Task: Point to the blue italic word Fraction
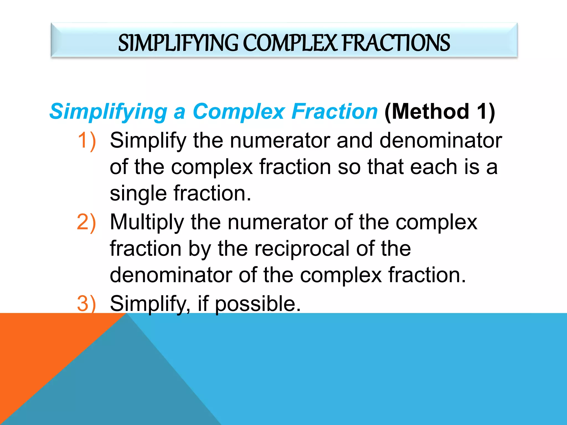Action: point(334,111)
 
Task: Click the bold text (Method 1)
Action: point(440,111)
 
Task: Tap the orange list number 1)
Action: point(87,141)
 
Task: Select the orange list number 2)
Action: point(86,222)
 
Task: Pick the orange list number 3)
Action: point(86,304)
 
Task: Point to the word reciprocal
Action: point(302,248)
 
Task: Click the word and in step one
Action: point(354,141)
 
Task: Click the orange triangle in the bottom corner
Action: point(33,360)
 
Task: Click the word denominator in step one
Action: point(440,141)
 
